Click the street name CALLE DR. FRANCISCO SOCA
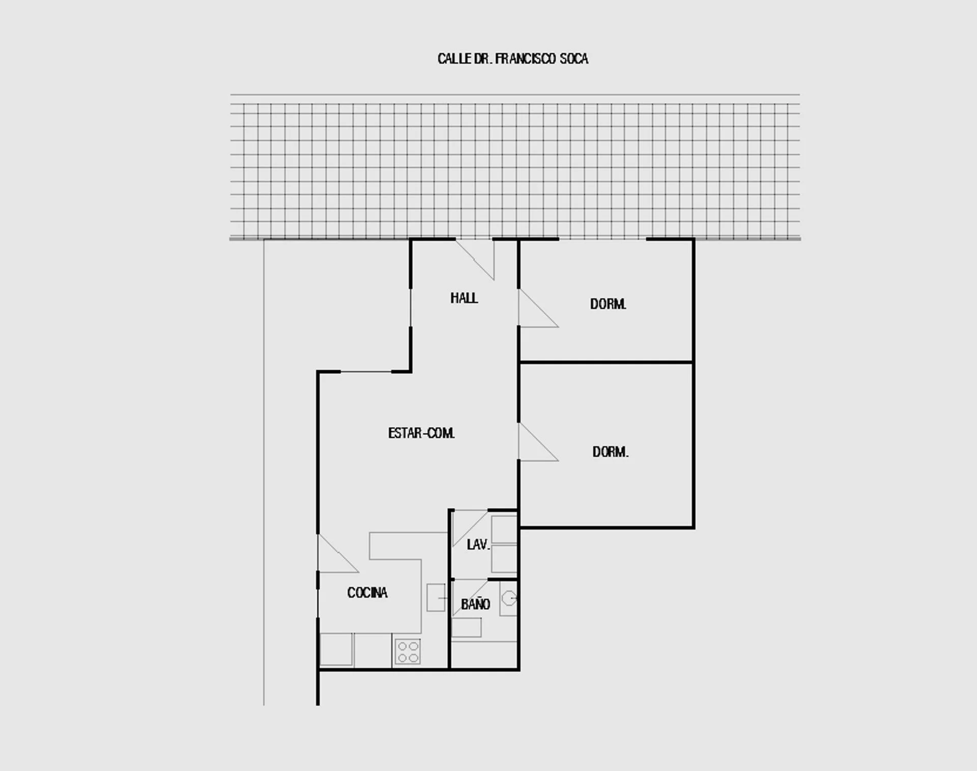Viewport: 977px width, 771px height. pyautogui.click(x=513, y=59)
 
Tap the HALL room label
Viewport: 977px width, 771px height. pyautogui.click(x=464, y=298)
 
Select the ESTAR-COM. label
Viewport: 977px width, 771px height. pyautogui.click(x=421, y=433)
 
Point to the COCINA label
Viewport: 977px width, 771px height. pyautogui.click(x=367, y=592)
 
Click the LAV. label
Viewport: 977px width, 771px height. pyautogui.click(x=478, y=545)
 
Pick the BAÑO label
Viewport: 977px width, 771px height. pyautogui.click(x=476, y=604)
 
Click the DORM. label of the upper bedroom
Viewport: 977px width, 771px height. pyautogui.click(x=608, y=304)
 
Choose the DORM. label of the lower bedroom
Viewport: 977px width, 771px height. pyautogui.click(x=611, y=452)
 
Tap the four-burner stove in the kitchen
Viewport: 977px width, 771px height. pyautogui.click(x=408, y=651)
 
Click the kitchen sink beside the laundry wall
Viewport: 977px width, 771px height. pyautogui.click(x=436, y=597)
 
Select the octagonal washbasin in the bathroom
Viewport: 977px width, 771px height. pyautogui.click(x=509, y=599)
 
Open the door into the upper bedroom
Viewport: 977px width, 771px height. pyautogui.click(x=538, y=308)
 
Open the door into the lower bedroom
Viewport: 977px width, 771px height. pyautogui.click(x=538, y=442)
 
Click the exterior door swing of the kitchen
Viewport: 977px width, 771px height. pyautogui.click(x=338, y=553)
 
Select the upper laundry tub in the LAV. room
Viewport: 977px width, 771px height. pyautogui.click(x=504, y=529)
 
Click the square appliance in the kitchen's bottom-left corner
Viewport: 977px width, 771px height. pyautogui.click(x=336, y=649)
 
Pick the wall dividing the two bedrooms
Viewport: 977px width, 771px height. pyautogui.click(x=606, y=362)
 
